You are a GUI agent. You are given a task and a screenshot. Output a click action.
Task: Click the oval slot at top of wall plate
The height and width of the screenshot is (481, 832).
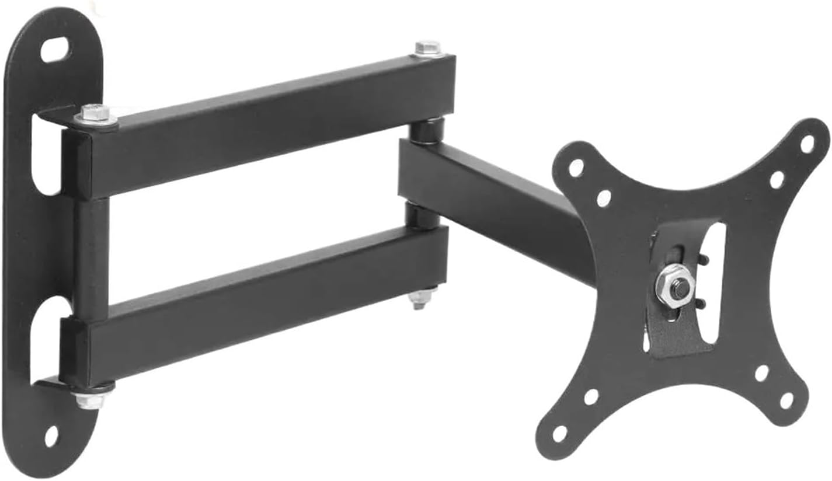pyautogui.click(x=54, y=50)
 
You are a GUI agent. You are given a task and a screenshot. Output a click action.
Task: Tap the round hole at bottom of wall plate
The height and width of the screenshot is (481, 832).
pyautogui.click(x=51, y=436)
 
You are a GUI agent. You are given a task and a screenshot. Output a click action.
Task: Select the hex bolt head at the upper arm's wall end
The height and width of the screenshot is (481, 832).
pyautogui.click(x=96, y=114)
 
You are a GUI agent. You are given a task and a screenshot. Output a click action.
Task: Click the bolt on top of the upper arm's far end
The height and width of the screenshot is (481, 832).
pyautogui.click(x=428, y=48)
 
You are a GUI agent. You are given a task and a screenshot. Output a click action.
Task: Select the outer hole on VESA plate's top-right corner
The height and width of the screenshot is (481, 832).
pyautogui.click(x=807, y=144)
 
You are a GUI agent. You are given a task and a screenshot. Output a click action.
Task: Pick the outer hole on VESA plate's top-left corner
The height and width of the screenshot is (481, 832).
pyautogui.click(x=576, y=168)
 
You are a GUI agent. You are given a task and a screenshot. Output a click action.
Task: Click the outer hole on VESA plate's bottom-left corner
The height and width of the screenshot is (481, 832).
pyautogui.click(x=559, y=433)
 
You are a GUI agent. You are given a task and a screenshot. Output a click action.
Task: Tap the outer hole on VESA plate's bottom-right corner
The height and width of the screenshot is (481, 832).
pyautogui.click(x=786, y=400)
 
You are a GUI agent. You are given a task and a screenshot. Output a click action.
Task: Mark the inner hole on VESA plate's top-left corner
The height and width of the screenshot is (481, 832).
pyautogui.click(x=604, y=198)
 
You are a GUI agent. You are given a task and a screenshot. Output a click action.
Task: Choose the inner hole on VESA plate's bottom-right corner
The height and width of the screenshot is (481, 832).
pyautogui.click(x=761, y=373)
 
